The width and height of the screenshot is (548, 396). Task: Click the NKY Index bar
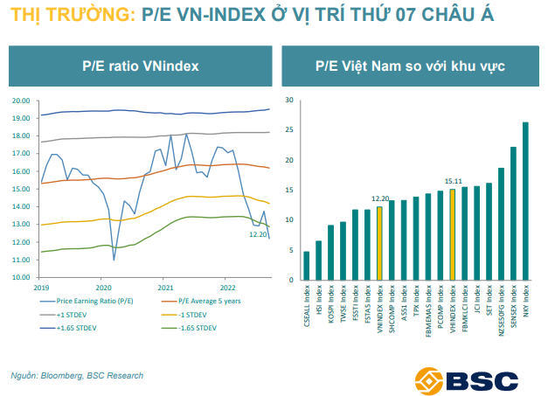pyautogui.click(x=525, y=201)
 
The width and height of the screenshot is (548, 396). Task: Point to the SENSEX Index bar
pyautogui.click(x=513, y=213)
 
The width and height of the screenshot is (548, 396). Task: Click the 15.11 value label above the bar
pyautogui.click(x=452, y=181)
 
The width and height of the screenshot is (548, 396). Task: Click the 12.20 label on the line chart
pyautogui.click(x=259, y=234)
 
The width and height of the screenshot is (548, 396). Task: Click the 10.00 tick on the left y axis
pyautogui.click(x=21, y=278)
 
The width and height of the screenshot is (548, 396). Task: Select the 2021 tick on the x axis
pyautogui.click(x=166, y=287)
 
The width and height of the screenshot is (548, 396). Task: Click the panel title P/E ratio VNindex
pyautogui.click(x=140, y=66)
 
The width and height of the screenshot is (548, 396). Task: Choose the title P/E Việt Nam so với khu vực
pyautogui.click(x=410, y=66)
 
